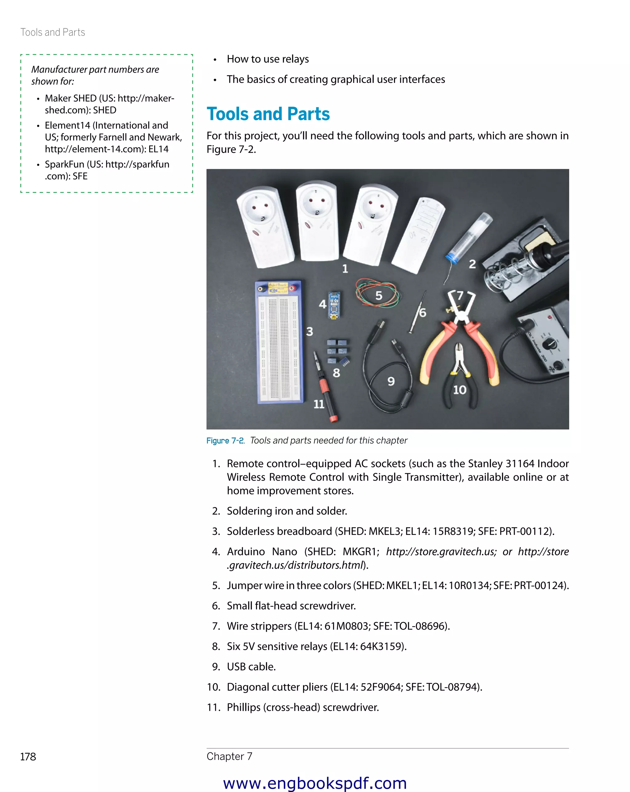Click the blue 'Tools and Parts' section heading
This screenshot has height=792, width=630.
[268, 114]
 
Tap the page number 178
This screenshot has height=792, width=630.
[28, 757]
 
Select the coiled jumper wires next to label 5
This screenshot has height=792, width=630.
[377, 293]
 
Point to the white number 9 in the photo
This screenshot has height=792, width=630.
[391, 381]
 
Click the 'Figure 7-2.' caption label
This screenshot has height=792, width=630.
[225, 441]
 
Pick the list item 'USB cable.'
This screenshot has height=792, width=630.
[251, 666]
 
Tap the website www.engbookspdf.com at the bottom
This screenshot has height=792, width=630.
[315, 783]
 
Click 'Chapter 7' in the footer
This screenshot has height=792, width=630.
[229, 756]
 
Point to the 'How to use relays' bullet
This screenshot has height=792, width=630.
[268, 59]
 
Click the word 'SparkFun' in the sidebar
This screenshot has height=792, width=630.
[65, 164]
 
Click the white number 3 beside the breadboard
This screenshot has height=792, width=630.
[310, 331]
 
